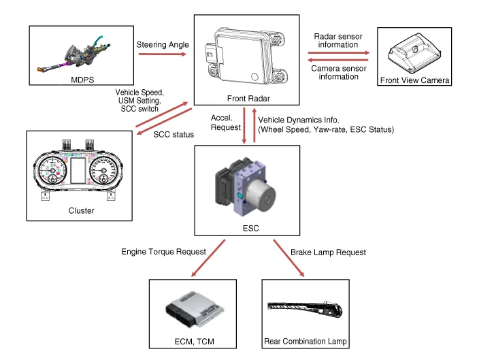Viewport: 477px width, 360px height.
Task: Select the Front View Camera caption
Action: pos(415,80)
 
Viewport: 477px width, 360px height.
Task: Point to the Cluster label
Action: pos(81,211)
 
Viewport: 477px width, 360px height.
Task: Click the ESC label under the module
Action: pos(246,229)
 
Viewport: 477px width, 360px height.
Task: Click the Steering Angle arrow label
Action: pos(161,45)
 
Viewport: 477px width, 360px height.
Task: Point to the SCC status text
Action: pos(174,135)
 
